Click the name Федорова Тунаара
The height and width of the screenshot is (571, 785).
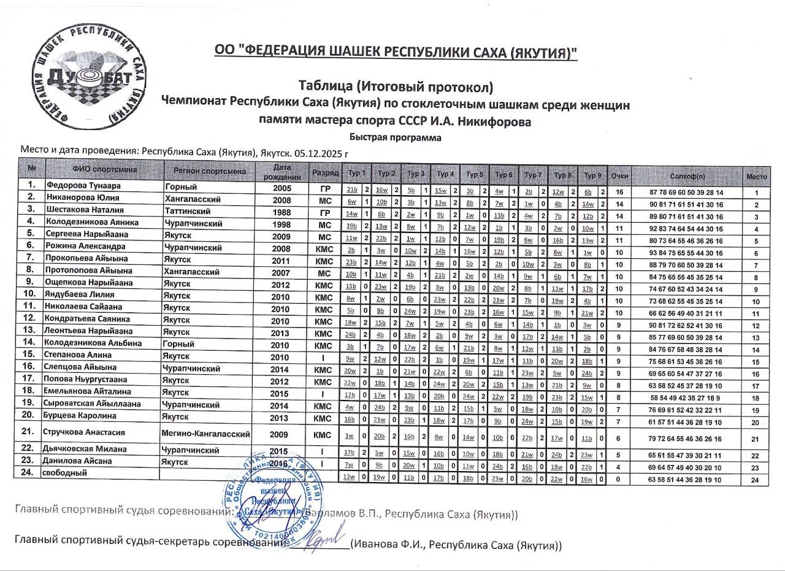coord(83,186)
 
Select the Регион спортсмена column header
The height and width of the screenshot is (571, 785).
coord(210,171)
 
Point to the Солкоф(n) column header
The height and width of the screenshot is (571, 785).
coord(687,176)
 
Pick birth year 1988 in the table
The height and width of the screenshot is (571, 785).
coord(281,210)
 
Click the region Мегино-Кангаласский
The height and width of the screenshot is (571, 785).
coord(206,434)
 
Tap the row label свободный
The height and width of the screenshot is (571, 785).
coord(64,472)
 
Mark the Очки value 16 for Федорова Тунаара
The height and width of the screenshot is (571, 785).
coord(619,191)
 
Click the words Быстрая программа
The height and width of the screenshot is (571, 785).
coord(396,137)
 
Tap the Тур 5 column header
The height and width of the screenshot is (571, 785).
coord(474,174)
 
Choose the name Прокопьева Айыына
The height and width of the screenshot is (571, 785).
coord(85,259)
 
